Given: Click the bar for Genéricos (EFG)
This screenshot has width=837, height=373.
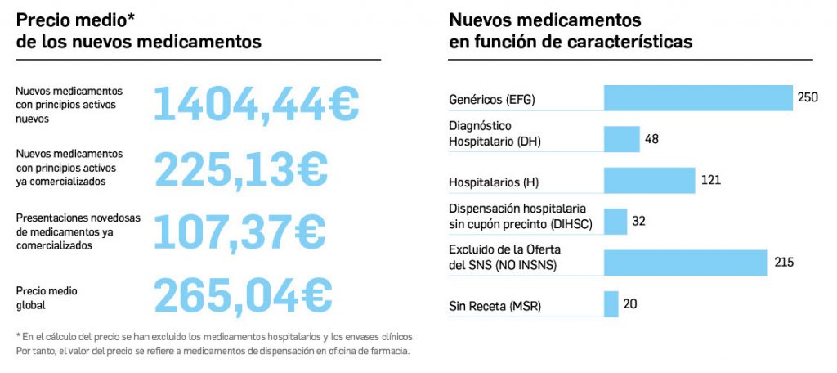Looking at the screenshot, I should pyautogui.click(x=698, y=98).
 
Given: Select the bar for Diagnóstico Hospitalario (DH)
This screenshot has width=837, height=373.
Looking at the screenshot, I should pyautogui.click(x=621, y=139).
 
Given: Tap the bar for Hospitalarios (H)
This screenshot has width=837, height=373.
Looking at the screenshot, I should pyautogui.click(x=649, y=181).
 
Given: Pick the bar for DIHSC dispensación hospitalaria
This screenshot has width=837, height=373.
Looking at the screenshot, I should pyautogui.click(x=615, y=222).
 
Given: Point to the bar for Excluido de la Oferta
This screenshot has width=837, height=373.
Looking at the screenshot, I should pyautogui.click(x=685, y=263).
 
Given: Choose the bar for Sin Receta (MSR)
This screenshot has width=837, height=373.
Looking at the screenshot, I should pyautogui.click(x=611, y=304).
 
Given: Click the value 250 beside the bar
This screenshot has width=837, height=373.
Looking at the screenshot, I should pyautogui.click(x=808, y=97).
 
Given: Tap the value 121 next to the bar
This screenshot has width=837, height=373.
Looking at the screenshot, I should pyautogui.click(x=710, y=180).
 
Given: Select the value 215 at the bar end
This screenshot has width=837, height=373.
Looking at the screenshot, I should pyautogui.click(x=784, y=262).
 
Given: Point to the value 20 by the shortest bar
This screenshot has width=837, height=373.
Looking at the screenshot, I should pyautogui.click(x=630, y=303).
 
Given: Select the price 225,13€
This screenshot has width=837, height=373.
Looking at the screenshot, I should pyautogui.click(x=241, y=169).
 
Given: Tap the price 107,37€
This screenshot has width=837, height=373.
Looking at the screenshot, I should pyautogui.click(x=240, y=231).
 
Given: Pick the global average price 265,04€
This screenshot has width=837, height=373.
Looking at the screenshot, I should pyautogui.click(x=244, y=295).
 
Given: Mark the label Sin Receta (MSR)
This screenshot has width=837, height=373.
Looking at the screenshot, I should pyautogui.click(x=495, y=307).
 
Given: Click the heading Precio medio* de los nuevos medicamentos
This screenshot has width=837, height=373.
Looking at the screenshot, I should pyautogui.click(x=139, y=31).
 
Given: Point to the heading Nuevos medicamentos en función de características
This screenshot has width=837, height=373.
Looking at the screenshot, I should pyautogui.click(x=571, y=31).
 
